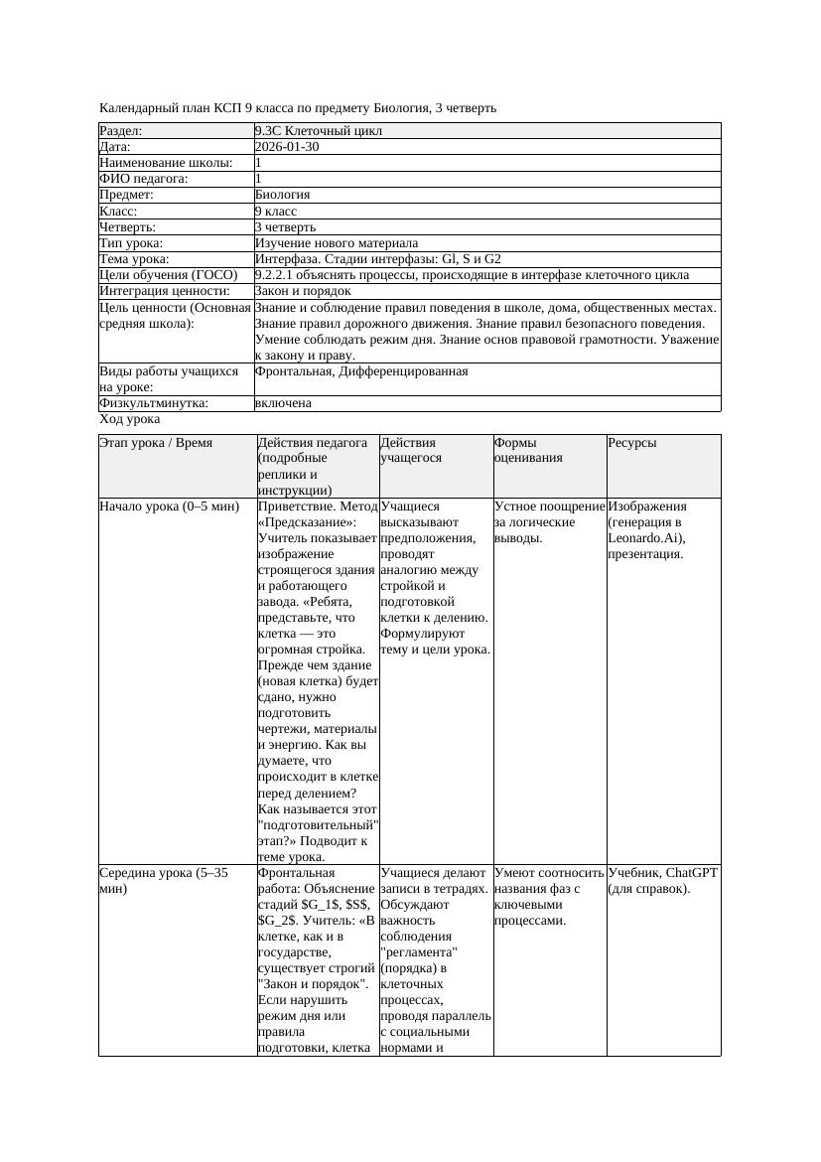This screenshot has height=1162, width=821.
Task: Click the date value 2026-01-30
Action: pos(287,147)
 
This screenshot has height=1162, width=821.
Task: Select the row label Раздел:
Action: pos(121,131)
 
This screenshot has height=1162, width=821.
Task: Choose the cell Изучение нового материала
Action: pos(336,243)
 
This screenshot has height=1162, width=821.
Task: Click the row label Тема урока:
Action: pos(134,259)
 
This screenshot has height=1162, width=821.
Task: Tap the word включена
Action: pos(283,403)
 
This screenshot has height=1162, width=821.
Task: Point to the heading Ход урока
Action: pos(130,419)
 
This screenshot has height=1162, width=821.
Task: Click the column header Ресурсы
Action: pos(632,443)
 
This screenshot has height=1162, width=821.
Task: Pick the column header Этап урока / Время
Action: pos(156,443)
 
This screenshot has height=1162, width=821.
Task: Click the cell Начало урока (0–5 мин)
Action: pos(170,507)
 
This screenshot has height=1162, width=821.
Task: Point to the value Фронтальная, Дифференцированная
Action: pos(361,371)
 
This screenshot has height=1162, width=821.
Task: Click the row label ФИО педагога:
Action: pos(144,179)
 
